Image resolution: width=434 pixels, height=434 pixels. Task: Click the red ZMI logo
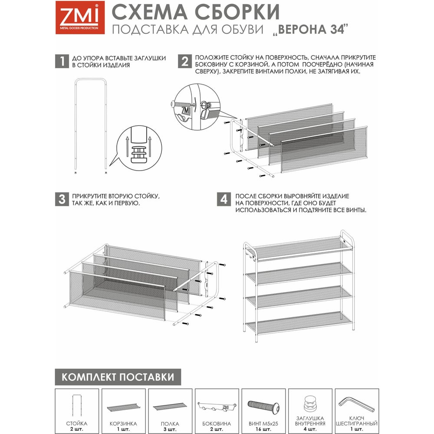point(80,17)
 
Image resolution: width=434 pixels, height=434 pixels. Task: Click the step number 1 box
point(62,61)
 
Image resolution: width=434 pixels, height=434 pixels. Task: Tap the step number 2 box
point(185,61)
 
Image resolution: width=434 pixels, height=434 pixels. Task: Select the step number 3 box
point(62,199)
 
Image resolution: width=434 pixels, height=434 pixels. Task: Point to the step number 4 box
point(224,199)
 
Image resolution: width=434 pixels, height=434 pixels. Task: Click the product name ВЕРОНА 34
point(310,30)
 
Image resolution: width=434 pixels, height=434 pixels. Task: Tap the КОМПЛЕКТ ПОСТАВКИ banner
point(118,377)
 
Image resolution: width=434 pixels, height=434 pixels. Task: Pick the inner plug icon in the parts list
point(310,404)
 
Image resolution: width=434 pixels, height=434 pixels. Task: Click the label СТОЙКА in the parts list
point(77,423)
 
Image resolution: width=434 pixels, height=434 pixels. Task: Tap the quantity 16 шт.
point(263,429)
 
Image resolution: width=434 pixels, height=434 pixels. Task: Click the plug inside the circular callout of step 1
point(139,154)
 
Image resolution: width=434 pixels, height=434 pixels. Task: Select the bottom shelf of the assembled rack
point(299,323)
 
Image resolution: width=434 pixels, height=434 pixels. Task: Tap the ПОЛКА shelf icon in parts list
point(170,408)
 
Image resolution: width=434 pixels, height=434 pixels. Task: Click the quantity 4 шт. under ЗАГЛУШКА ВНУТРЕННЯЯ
point(310,429)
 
